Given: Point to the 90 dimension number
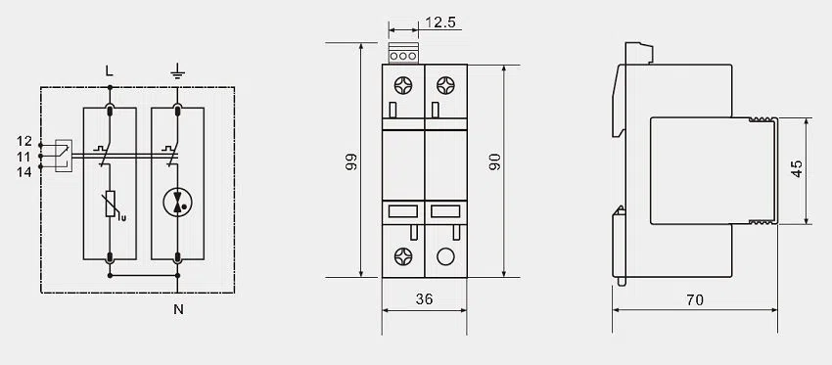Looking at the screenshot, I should [x=494, y=160].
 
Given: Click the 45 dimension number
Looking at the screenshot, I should [x=798, y=168].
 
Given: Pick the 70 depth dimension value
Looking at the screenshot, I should [x=694, y=300].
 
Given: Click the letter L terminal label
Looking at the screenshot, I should [x=109, y=69].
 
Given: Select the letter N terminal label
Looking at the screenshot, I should [x=178, y=310].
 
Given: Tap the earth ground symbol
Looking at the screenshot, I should [x=177, y=69].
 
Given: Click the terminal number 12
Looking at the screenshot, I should [x=25, y=141].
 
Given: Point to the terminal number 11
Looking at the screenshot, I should [x=25, y=156].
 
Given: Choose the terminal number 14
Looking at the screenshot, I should [x=25, y=171].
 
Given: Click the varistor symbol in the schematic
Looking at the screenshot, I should [x=110, y=204].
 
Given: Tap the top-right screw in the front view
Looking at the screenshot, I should [x=445, y=84].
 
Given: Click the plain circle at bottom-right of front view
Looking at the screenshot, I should [x=445, y=257].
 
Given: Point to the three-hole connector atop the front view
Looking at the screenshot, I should [x=403, y=56].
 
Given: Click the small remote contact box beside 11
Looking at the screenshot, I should [x=62, y=156].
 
